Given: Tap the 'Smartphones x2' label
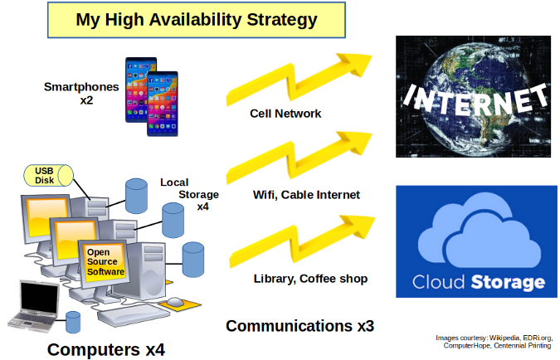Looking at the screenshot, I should [x=82, y=93].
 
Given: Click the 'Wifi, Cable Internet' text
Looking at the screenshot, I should [x=306, y=195].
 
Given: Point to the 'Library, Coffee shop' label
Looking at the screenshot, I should [x=309, y=279].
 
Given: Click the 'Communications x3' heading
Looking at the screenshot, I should [x=299, y=325].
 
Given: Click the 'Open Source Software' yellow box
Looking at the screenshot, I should [x=105, y=261].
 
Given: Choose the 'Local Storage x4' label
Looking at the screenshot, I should [x=190, y=194].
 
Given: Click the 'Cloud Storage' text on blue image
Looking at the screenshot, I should [x=472, y=282].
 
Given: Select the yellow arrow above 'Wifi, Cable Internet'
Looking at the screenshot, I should [x=299, y=157].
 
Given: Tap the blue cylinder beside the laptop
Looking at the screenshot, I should [x=73, y=321].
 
